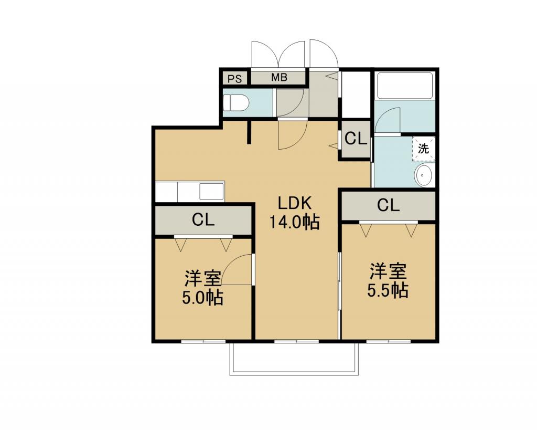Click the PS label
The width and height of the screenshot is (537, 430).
point(235,79)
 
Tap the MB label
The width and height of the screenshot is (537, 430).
point(279,78)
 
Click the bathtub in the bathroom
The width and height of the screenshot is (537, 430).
point(404,86)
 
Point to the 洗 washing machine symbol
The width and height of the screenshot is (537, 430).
point(424,149)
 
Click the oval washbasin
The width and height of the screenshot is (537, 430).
point(424,175)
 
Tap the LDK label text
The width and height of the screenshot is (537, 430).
point(295,203)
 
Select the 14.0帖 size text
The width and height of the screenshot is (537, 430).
point(295,222)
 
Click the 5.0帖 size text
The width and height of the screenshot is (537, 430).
point(203,298)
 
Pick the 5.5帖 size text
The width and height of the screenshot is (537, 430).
point(388,291)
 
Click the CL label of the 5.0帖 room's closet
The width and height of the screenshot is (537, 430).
point(203,219)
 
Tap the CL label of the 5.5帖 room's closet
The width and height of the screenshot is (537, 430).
point(389,205)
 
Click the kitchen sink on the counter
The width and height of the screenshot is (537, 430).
point(212,191)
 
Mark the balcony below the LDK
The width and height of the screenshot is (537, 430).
point(295,359)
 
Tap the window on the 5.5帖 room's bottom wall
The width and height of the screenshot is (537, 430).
point(389,341)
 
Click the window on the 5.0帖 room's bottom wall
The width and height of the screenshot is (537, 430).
point(203,341)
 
